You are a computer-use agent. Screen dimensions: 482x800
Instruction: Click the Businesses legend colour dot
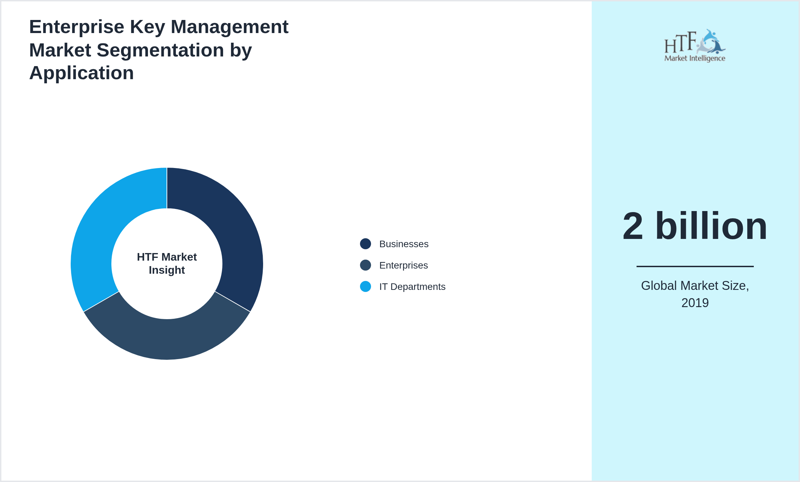[x=366, y=244]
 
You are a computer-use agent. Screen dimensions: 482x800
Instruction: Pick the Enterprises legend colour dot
[x=366, y=265]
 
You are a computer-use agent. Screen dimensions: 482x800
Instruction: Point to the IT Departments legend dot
[x=366, y=286]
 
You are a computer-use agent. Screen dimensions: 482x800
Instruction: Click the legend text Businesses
[x=404, y=244]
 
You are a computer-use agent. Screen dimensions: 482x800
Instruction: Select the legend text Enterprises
[x=403, y=265]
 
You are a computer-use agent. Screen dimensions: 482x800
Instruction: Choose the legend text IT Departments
[x=412, y=287]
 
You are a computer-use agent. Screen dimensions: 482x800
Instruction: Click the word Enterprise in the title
[x=77, y=27]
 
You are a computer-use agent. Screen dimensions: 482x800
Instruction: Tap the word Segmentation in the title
[x=160, y=50]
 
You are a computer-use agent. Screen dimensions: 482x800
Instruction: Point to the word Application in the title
[x=82, y=73]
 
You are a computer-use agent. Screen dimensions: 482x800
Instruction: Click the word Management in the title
[x=230, y=27]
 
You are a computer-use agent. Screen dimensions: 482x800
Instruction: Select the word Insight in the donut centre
[x=167, y=270]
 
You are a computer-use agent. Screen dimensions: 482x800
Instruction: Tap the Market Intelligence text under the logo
[x=694, y=58]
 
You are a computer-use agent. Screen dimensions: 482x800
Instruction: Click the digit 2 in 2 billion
[x=633, y=226]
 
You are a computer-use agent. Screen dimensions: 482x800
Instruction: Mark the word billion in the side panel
[x=711, y=226]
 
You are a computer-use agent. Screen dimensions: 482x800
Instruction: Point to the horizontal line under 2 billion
[x=695, y=266]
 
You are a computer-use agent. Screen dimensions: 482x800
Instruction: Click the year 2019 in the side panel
[x=695, y=303]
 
